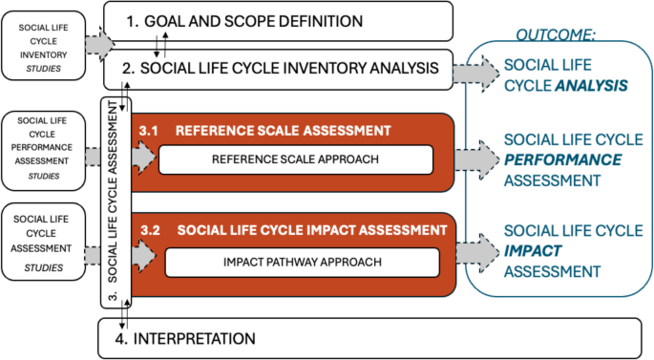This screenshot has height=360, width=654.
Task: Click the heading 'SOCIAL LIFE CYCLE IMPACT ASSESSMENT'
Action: coord(312,230)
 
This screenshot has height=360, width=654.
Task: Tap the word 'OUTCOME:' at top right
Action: coord(556,34)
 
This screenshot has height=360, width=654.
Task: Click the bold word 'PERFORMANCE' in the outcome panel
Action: coord(563,159)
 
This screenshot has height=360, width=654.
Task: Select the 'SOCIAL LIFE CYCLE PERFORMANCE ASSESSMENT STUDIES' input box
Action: coord(44,150)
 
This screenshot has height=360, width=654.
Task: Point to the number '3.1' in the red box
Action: coord(150,130)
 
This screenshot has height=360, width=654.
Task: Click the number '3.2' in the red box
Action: coord(150,230)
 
